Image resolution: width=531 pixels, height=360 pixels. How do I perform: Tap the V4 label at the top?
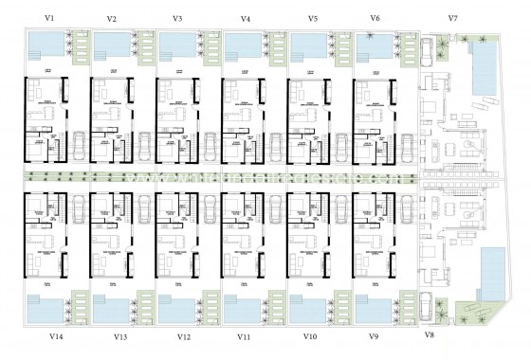coord(247,19)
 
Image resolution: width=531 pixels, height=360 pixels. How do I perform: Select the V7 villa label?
coord(452,19)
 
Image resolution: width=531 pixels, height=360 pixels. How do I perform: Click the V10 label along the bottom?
coord(309,336)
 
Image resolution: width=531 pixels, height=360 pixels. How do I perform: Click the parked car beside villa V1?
coord(76,145)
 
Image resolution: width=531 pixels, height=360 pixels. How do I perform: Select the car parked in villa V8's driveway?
coord(442,304)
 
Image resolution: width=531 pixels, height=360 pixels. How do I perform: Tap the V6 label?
coord(375,19)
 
